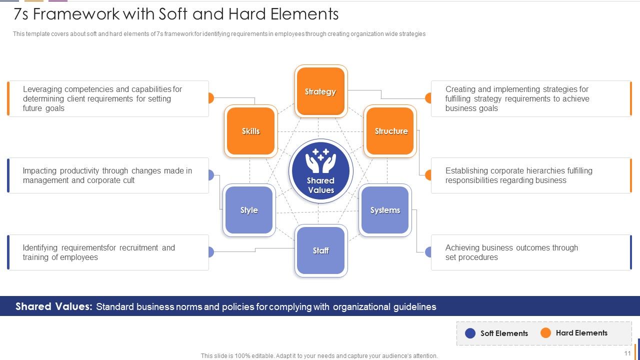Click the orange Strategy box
point(320,91)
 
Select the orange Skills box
point(250,131)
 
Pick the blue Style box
point(249,210)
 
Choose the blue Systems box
point(385,210)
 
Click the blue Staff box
point(320,250)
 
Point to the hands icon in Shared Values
point(320,160)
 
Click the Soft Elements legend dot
point(470,333)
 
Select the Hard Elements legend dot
point(546,333)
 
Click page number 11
point(627,353)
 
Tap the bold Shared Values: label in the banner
point(54,306)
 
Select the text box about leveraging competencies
point(108,98)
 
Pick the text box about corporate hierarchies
point(531,175)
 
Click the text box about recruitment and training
point(108,252)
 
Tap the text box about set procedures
point(531,252)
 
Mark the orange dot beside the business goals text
point(428,98)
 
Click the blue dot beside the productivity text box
point(210,175)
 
